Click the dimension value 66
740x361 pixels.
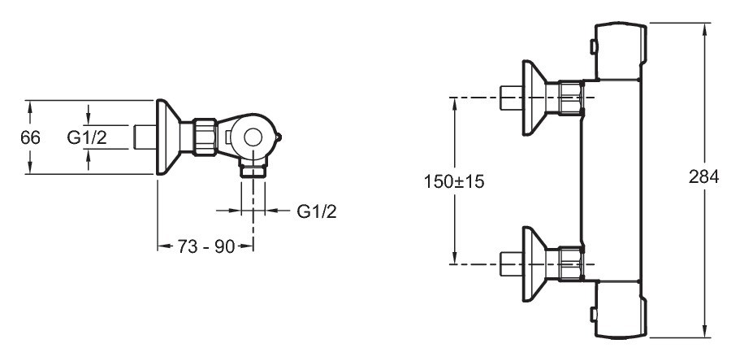(x=30, y=137)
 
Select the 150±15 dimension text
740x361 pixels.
(x=454, y=180)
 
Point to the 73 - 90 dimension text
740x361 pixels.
(x=206, y=246)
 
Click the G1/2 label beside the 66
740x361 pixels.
(x=87, y=137)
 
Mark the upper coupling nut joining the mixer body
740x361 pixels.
(x=571, y=98)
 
